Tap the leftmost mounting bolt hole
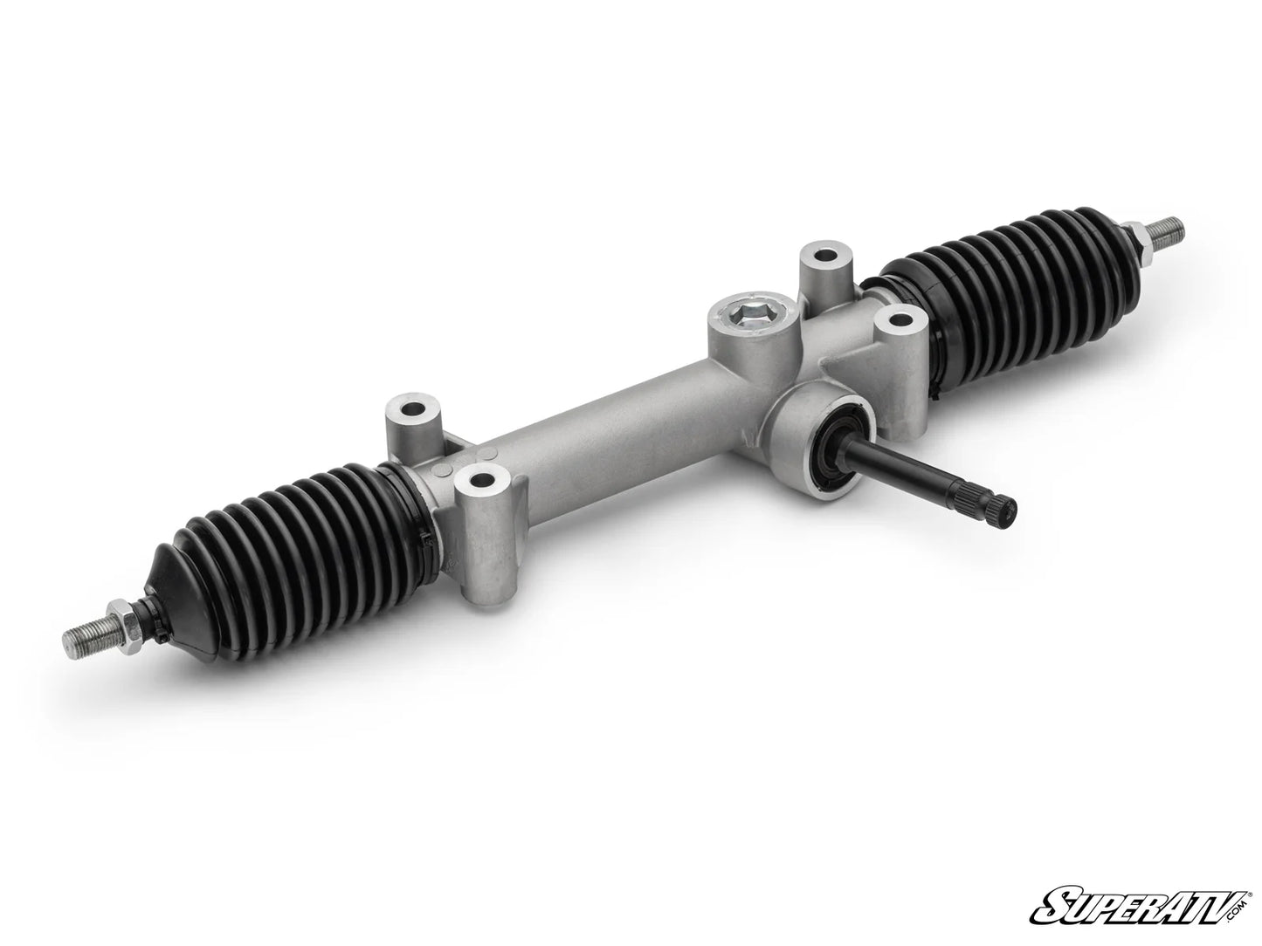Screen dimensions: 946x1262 [409, 409]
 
